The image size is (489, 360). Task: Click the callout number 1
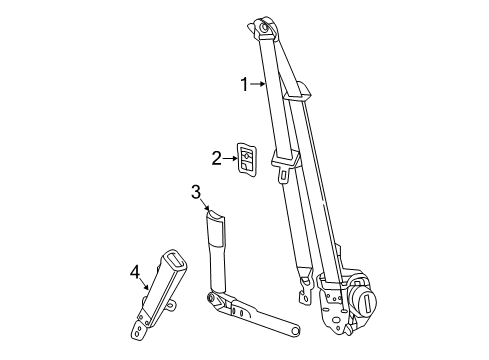(x=243, y=85)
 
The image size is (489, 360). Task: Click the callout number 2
(x=216, y=156)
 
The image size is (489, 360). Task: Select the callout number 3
(x=196, y=192)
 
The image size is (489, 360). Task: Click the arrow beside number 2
(x=231, y=157)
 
